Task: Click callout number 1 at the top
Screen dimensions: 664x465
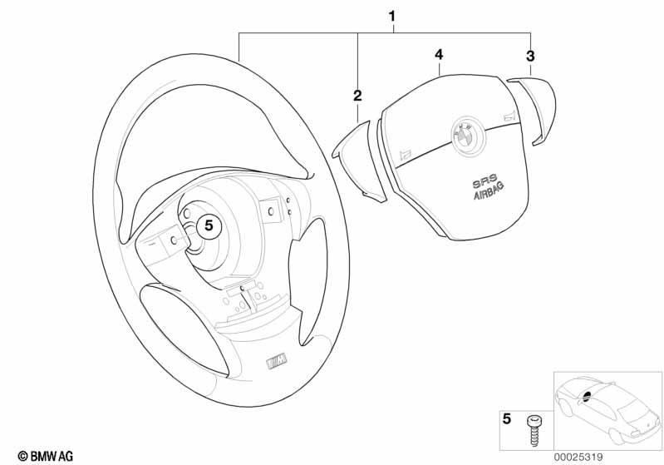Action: click(392, 17)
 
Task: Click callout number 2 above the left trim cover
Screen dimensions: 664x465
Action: click(358, 96)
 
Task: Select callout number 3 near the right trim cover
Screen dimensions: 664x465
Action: click(530, 56)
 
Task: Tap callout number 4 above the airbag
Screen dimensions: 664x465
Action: click(439, 55)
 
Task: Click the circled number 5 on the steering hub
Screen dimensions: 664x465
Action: click(209, 225)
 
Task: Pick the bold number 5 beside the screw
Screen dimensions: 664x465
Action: click(506, 419)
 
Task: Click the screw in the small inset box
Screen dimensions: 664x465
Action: click(534, 431)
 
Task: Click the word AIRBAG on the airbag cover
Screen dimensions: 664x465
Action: click(489, 190)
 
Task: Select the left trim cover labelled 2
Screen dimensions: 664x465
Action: click(359, 161)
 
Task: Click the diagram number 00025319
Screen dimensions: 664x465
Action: click(578, 458)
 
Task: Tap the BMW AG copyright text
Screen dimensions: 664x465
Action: click(46, 457)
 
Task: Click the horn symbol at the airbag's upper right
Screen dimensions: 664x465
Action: click(509, 116)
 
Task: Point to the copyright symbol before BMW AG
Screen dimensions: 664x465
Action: click(23, 457)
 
